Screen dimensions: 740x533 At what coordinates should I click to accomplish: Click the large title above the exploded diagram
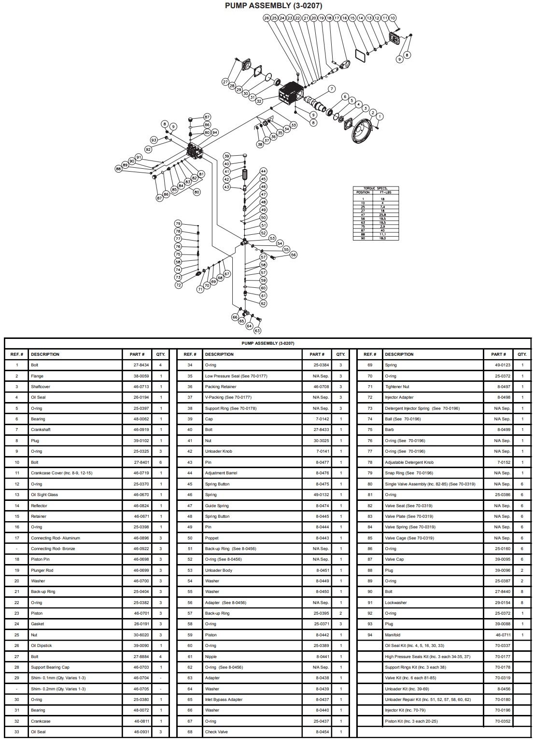[266, 6]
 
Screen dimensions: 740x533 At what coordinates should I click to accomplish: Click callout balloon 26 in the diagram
[266, 18]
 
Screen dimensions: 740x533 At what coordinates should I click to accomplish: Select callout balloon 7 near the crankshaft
[332, 89]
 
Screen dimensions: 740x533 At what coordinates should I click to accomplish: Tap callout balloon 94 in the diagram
[215, 132]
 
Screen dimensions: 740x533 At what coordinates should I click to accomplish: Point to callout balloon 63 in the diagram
[257, 331]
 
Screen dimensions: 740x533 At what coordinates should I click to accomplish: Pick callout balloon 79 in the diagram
[178, 224]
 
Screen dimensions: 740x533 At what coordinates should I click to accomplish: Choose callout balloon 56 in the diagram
[294, 255]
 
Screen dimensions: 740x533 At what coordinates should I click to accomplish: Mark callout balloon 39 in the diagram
[226, 157]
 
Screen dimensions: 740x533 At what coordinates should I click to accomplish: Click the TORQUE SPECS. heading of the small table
[376, 188]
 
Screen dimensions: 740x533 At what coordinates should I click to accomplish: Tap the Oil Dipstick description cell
[42, 646]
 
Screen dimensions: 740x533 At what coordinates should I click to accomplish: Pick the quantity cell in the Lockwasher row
[522, 603]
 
